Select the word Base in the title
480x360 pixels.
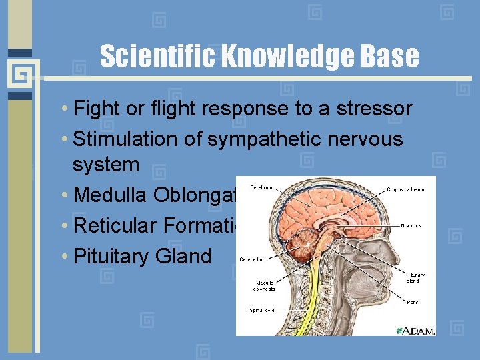(x=391, y=57)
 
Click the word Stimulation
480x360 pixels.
(x=130, y=139)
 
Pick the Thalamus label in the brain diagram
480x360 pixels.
(x=411, y=226)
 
